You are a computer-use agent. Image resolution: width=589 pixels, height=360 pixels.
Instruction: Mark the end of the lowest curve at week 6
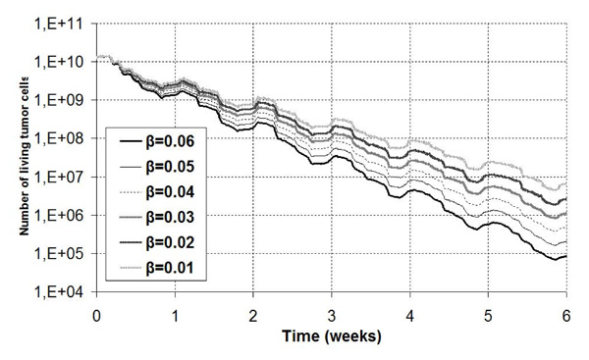pyautogui.click(x=566, y=257)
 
